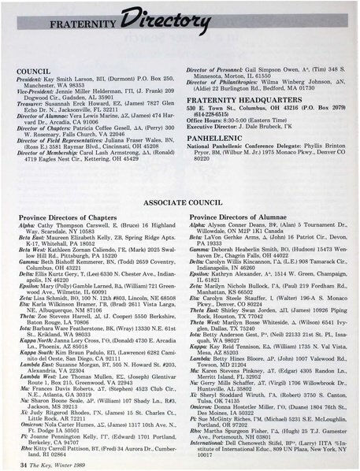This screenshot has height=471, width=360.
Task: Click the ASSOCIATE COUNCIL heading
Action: [179, 202]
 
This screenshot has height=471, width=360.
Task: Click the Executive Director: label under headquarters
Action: [213, 146]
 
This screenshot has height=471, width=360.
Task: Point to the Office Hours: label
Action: [204, 140]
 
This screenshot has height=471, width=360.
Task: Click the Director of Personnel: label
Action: [214, 91]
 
